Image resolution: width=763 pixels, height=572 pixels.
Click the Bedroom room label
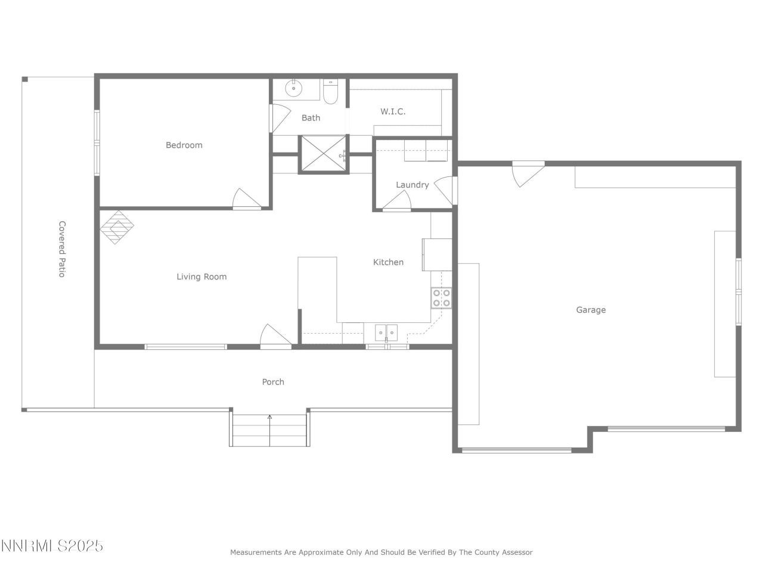tap(184, 145)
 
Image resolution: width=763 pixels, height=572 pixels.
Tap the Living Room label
tap(201, 276)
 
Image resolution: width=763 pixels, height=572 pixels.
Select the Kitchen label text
tap(388, 262)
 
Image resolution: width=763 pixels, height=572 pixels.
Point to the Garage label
tap(591, 310)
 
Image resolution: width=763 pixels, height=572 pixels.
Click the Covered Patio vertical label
tap(61, 249)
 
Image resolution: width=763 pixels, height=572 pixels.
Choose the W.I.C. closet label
tap(393, 111)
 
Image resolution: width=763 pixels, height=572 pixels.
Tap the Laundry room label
tap(412, 185)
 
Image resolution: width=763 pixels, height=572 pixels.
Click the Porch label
tap(273, 382)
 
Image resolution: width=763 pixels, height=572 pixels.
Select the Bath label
tap(311, 118)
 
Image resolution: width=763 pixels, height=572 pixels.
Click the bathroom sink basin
tap(293, 89)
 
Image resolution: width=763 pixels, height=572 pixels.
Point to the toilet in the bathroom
tap(331, 92)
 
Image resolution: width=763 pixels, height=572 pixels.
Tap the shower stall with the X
tap(323, 154)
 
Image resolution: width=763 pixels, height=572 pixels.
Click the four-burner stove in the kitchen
tap(442, 298)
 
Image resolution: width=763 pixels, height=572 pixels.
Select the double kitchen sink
tap(386, 331)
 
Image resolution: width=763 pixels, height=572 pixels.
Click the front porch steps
tap(269, 428)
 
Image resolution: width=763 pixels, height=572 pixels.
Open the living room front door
tap(275, 336)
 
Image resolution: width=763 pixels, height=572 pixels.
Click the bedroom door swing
tap(246, 199)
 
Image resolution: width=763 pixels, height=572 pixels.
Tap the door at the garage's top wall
tap(527, 172)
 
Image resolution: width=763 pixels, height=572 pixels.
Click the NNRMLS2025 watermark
tap(52, 546)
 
